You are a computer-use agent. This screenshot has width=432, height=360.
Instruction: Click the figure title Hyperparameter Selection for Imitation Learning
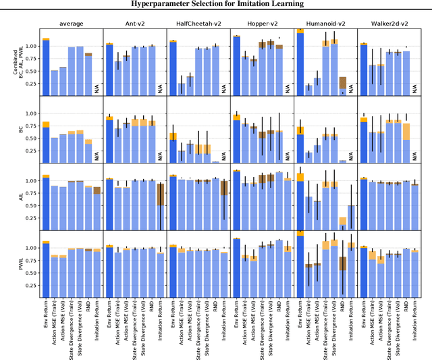click(217, 4)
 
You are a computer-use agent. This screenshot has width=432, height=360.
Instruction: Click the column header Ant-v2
click(133, 24)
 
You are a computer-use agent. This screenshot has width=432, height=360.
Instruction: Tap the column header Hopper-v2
click(261, 24)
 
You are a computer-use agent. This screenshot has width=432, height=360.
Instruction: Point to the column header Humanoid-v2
click(325, 24)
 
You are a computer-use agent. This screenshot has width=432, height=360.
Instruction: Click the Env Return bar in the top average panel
click(46, 67)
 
